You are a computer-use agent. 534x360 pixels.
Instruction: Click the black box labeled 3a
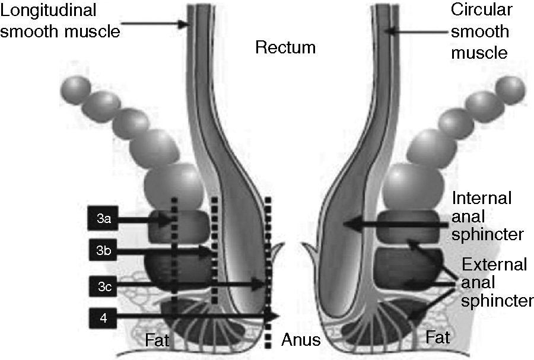tap(104, 219)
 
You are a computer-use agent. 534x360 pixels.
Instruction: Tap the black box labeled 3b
tap(104, 251)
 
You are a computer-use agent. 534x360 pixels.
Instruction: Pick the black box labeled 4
tap(104, 317)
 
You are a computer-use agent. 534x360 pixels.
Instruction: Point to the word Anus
tap(301, 340)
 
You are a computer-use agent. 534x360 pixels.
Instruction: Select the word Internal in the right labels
tap(481, 198)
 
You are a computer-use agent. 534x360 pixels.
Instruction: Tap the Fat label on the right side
tap(438, 338)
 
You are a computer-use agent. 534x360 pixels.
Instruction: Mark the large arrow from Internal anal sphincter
tap(398, 225)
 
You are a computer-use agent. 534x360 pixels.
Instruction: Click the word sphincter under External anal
tap(497, 301)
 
